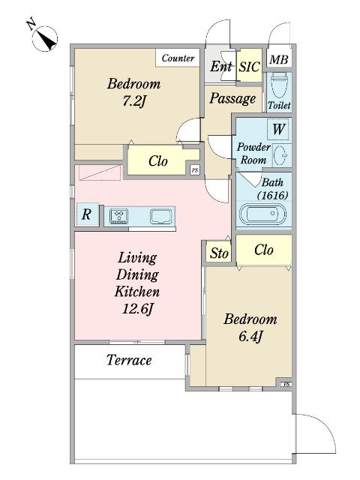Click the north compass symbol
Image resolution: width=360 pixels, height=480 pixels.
(45, 38)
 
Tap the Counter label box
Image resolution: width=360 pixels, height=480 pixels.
(178, 58)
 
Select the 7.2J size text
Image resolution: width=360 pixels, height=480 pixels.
(133, 101)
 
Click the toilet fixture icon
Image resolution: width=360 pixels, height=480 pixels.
(278, 85)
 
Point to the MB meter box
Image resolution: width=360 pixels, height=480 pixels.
(278, 58)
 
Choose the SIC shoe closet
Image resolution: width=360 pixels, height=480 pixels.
(250, 65)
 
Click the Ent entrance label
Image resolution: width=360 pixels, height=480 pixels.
(220, 66)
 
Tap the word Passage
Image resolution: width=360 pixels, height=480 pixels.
(233, 98)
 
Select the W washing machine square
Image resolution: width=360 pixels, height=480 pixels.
(278, 129)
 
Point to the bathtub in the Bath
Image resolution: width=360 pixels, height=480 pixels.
(262, 214)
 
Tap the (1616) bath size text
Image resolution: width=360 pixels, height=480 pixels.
(272, 195)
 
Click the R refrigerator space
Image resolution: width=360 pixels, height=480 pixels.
(87, 214)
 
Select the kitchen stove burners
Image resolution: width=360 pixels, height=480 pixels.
(118, 215)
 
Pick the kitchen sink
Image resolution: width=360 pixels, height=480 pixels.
(161, 216)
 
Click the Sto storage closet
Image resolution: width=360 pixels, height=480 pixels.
(218, 252)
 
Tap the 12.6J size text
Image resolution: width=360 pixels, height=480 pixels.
(137, 308)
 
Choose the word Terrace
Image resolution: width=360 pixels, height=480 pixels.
(129, 360)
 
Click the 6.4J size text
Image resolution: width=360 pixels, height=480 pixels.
(250, 337)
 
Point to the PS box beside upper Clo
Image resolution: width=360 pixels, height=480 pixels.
(195, 170)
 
